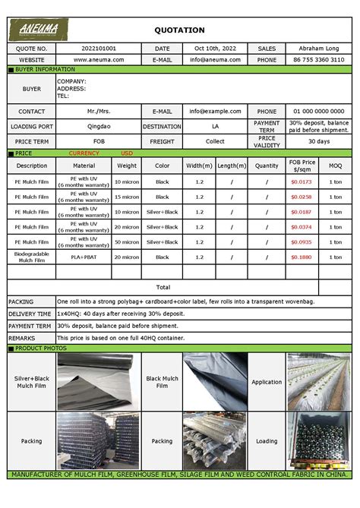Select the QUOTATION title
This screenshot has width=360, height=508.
coord(179,30)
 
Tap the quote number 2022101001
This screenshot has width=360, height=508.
coord(99,49)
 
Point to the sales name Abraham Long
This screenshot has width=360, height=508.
coord(315,49)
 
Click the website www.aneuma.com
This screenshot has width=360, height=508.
coord(99,59)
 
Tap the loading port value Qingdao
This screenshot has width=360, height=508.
coord(99,127)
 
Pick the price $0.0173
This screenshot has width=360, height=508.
coord(301,182)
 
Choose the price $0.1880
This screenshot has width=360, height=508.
coord(301,257)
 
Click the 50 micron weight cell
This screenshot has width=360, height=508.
coord(127,242)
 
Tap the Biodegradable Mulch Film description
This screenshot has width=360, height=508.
coord(32,257)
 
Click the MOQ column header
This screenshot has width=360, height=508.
coord(335,166)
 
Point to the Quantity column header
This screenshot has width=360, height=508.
coord(267,166)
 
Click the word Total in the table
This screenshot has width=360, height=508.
coord(163,287)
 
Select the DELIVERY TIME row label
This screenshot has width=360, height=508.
coord(30,314)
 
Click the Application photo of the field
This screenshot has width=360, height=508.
coord(317,382)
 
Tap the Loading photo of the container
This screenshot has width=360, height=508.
coord(317,440)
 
